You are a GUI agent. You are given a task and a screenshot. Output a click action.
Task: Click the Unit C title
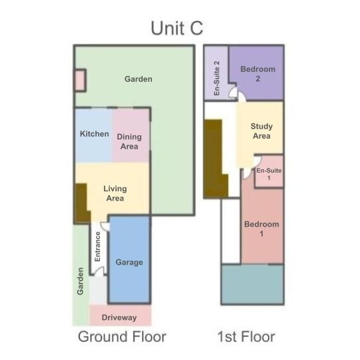(x=177, y=28)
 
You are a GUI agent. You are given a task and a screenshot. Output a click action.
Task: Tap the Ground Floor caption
(x=122, y=337)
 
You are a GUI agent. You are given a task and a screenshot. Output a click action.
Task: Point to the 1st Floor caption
(x=246, y=337)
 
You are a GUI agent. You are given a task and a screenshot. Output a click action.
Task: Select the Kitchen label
(x=95, y=133)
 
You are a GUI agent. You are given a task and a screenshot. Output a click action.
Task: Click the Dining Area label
(x=129, y=141)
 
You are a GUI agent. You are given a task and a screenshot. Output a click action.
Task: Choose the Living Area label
(x=115, y=193)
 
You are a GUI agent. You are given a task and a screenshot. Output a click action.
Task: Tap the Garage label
(x=129, y=262)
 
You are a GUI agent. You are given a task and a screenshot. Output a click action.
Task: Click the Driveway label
(x=119, y=317)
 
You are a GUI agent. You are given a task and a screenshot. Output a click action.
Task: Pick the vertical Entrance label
(x=97, y=247)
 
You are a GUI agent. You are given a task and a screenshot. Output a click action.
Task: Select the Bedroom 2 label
(x=258, y=74)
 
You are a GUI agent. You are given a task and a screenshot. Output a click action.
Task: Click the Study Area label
(x=261, y=131)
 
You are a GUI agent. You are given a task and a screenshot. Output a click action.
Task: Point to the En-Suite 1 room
(x=269, y=171)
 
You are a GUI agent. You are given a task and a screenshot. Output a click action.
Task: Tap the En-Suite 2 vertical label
(x=217, y=78)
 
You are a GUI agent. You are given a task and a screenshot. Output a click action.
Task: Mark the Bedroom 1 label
(x=261, y=229)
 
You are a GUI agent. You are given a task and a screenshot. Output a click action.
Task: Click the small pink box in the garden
(x=80, y=81)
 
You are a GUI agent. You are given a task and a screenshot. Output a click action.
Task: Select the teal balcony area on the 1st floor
(x=253, y=285)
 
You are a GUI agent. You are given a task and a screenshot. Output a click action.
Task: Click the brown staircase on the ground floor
(x=81, y=202)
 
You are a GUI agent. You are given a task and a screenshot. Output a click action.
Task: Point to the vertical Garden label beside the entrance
(x=80, y=281)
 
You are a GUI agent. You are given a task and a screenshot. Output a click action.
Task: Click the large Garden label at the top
(x=139, y=79)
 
